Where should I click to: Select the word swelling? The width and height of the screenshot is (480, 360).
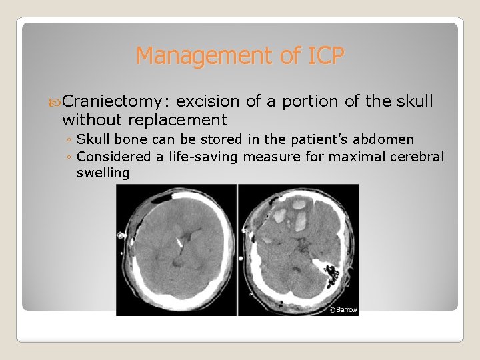coord(103,173)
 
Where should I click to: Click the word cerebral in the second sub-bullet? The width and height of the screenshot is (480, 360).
coord(418,157)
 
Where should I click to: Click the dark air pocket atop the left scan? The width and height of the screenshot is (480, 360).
coord(159,197)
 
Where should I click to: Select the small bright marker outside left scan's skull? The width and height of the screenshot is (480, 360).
coord(121,235)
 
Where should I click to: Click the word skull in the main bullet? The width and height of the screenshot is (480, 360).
coord(415,101)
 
